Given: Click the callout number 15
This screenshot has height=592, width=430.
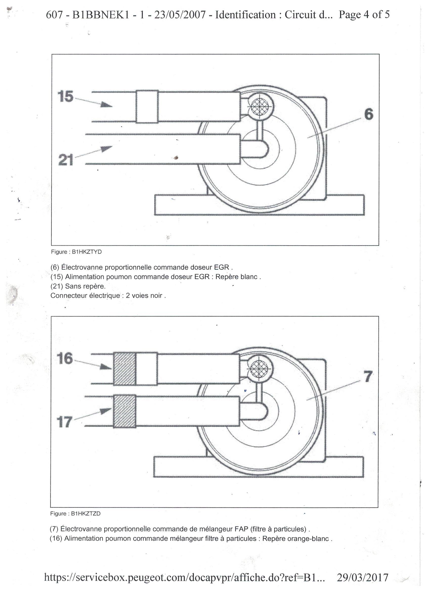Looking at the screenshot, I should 66,96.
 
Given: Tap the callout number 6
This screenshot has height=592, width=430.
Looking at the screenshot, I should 369,114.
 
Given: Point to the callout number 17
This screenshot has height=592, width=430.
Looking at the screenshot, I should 64,422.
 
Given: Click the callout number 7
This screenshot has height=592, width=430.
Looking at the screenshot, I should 368,377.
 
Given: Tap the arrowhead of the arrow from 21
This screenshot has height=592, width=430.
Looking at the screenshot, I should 107,149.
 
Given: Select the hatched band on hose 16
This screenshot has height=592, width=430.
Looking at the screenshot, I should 125,369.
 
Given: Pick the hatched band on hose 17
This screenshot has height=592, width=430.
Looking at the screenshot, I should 125,412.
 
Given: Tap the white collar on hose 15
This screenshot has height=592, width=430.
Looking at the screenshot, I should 147,107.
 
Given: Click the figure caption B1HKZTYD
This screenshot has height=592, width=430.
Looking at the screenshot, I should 76,252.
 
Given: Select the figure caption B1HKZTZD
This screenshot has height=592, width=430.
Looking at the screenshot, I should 75,514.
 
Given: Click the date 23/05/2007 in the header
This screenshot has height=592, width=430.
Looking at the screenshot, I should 180,15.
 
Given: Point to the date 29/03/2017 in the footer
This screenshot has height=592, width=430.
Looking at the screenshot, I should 362,577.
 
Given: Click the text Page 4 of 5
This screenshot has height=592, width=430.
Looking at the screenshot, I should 364,15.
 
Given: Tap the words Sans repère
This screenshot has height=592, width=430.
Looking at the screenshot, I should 85,286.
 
